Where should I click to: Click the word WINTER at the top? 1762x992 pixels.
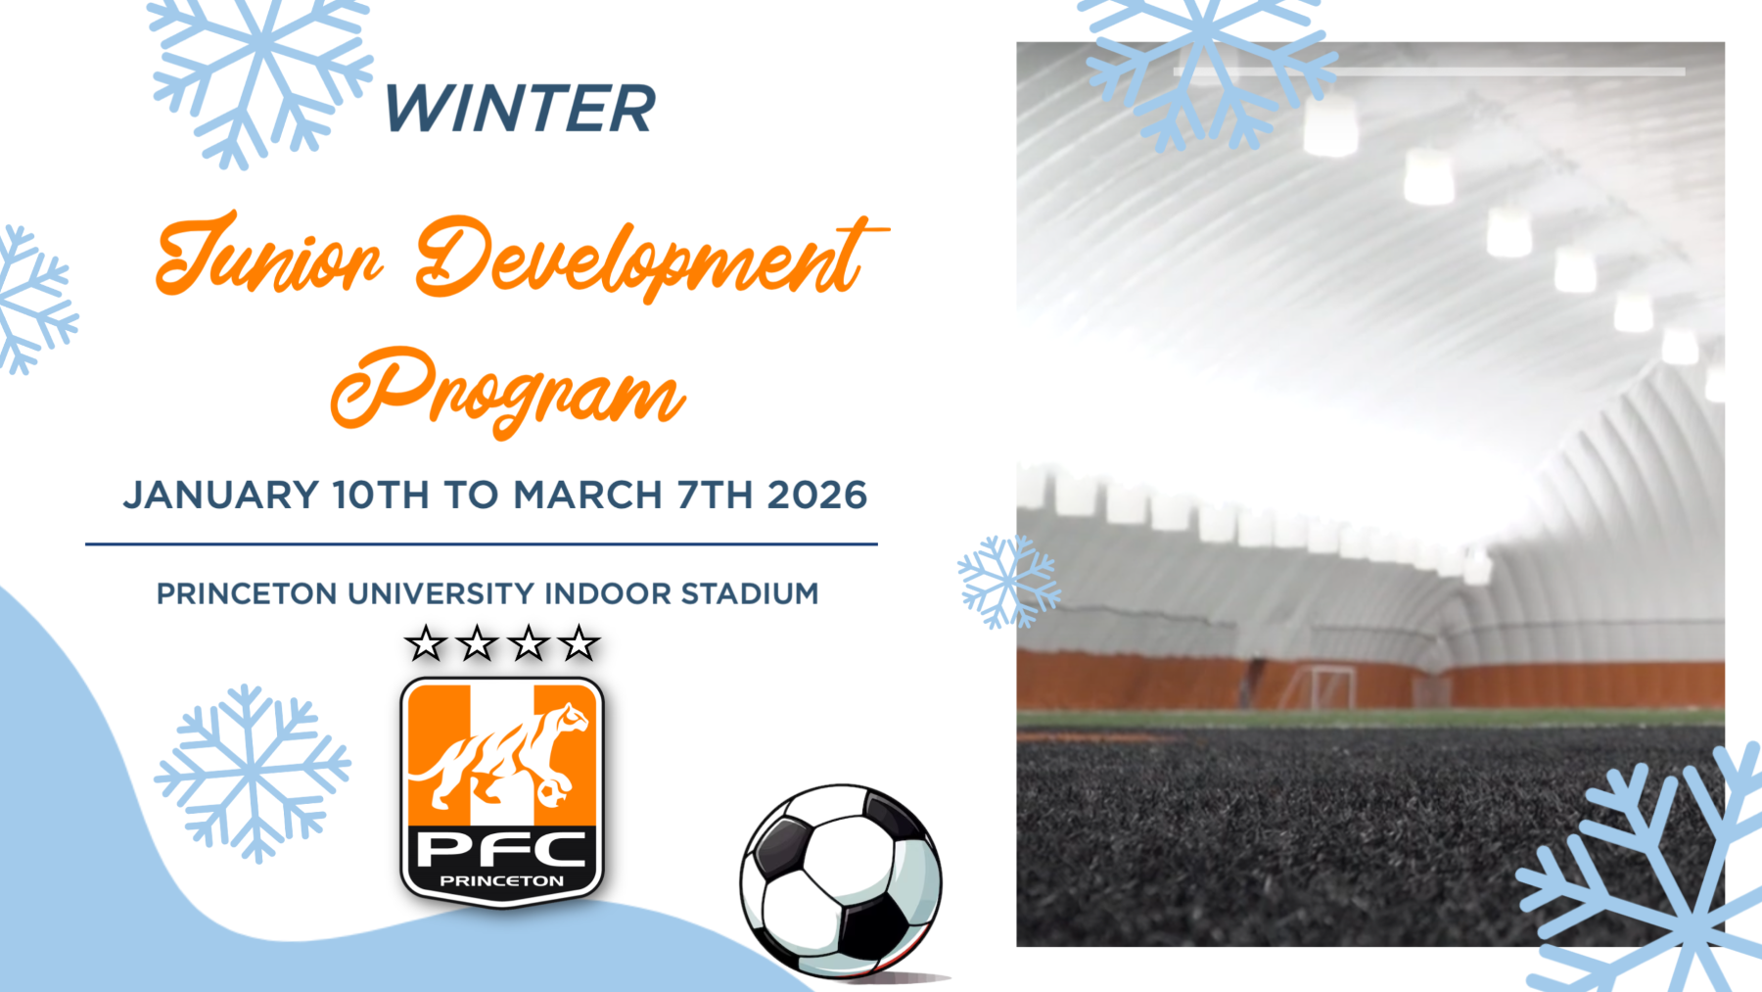[x=520, y=108]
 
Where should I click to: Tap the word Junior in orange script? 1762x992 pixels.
[x=269, y=255]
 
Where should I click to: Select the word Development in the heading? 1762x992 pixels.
[x=651, y=257]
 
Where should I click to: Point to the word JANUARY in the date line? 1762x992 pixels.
[x=221, y=495]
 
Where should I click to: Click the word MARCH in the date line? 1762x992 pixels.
[x=587, y=495]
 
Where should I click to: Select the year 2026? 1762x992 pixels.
[x=817, y=495]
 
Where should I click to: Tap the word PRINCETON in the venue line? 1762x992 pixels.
[x=247, y=593]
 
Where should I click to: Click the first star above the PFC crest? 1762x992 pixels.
[x=426, y=643]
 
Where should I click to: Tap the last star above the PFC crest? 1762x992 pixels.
[x=579, y=643]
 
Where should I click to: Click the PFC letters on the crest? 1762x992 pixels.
[x=502, y=849]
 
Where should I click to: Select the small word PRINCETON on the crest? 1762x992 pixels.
[x=502, y=881]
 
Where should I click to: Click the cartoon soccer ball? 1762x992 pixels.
[x=842, y=880]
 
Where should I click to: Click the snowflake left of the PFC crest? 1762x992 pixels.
[x=253, y=774]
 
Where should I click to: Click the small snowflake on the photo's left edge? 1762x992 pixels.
[x=1009, y=582]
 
